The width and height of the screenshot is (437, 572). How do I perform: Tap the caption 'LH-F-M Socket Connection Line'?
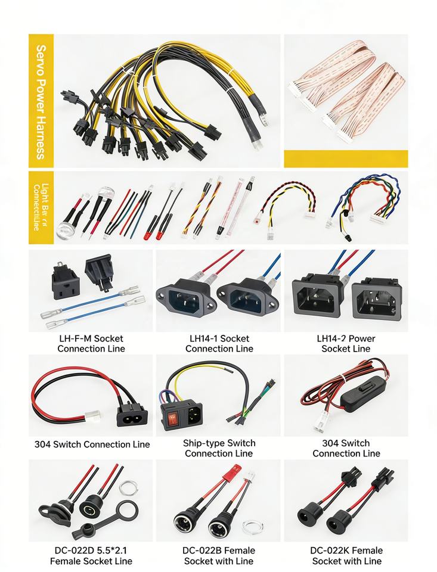91,343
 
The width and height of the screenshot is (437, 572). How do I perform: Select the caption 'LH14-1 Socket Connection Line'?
219,343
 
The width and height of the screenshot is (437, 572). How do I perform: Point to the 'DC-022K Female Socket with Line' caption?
346,555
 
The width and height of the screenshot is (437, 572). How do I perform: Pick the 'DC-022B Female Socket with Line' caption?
219,555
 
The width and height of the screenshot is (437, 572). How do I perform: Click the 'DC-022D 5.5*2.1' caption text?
91,550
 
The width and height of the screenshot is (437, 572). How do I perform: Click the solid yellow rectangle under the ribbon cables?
346,158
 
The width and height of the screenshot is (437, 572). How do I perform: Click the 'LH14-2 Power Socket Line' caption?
346,343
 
